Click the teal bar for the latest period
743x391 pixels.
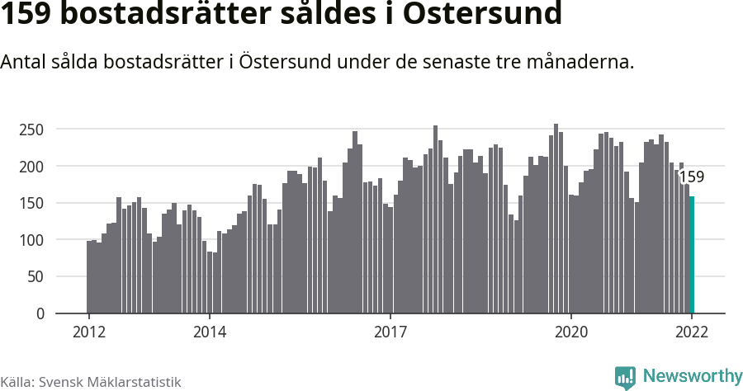692,255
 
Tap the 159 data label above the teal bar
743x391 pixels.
691,177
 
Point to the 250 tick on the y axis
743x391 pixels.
31,130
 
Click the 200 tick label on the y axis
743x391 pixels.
31,167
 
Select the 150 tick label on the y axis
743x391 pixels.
31,203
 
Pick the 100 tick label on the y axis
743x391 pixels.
31,240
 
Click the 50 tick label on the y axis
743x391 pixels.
35,277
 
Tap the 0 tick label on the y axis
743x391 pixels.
39,313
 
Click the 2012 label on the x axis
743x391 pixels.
88,332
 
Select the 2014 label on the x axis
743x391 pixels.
209,332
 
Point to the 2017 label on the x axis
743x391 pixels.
390,332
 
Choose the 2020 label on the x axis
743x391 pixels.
570,332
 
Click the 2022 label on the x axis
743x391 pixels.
692,332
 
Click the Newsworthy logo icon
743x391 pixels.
625,377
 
